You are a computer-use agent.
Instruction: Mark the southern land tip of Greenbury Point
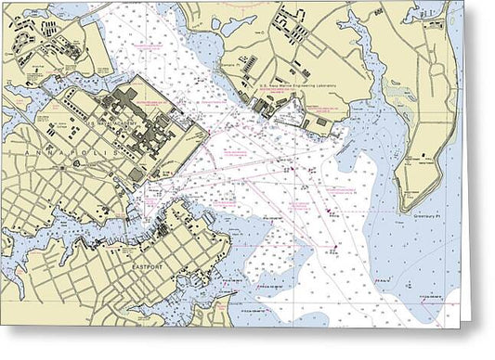pos(410,209)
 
